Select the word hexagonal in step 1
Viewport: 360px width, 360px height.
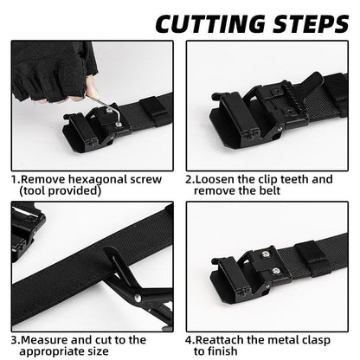94,179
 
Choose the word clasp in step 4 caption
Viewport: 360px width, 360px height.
324,340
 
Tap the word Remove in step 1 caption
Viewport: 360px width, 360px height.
41,179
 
